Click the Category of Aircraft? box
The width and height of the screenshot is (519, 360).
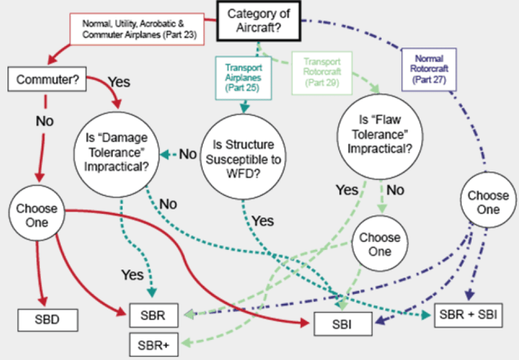(259, 21)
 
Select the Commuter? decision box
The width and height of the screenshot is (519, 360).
(47, 79)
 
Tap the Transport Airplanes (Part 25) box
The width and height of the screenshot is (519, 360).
(243, 78)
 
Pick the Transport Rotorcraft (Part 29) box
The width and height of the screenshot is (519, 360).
(322, 73)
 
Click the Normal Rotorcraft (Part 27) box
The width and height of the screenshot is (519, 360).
(429, 70)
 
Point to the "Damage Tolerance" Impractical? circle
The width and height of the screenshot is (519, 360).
(116, 155)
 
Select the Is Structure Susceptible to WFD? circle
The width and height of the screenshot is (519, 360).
(243, 157)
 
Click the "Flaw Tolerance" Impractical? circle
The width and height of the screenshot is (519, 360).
(380, 136)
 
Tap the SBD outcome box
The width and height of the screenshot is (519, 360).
(48, 320)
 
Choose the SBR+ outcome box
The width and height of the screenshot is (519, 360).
(153, 344)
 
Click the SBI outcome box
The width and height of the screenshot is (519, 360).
(343, 324)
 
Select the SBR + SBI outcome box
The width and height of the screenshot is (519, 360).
(468, 315)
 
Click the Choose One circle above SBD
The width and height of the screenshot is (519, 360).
(36, 213)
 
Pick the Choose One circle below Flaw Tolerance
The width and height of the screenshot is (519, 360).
(380, 243)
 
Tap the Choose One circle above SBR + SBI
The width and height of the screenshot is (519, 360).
(488, 200)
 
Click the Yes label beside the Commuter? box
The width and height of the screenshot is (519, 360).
(119, 82)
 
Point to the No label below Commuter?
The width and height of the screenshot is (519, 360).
(45, 121)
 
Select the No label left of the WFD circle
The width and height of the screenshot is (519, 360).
(188, 154)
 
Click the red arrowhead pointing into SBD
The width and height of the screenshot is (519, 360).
(43, 301)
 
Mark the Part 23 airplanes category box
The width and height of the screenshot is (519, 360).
(137, 29)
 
